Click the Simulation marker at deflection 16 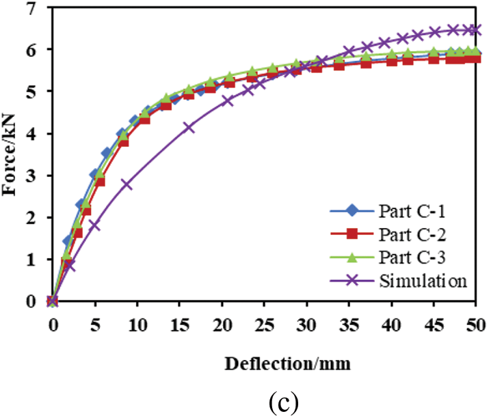(x=189, y=128)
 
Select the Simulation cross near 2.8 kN (x=126, y=184)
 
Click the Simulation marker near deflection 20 (x=228, y=100)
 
